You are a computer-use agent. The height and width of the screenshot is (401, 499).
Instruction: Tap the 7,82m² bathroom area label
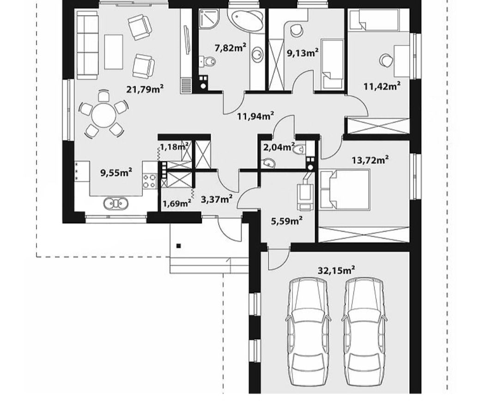231,49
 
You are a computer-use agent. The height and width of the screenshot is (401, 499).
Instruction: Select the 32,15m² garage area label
337,271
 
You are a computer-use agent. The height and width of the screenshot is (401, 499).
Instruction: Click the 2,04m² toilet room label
279,147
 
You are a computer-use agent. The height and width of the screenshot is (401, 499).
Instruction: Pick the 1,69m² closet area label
177,203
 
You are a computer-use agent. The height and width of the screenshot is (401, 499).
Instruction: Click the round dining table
103,115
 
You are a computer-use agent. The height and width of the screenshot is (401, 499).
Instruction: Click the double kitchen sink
116,203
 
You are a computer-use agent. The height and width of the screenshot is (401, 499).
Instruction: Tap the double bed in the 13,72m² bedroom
345,190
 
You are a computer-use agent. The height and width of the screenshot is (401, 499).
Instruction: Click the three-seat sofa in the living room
87,45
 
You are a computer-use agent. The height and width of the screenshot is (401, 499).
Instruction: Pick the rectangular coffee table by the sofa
114,52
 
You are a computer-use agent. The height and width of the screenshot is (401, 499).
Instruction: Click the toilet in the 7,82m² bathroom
207,61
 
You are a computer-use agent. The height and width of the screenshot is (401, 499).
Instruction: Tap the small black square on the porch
179,246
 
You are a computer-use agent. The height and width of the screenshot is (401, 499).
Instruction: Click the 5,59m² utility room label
287,220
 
